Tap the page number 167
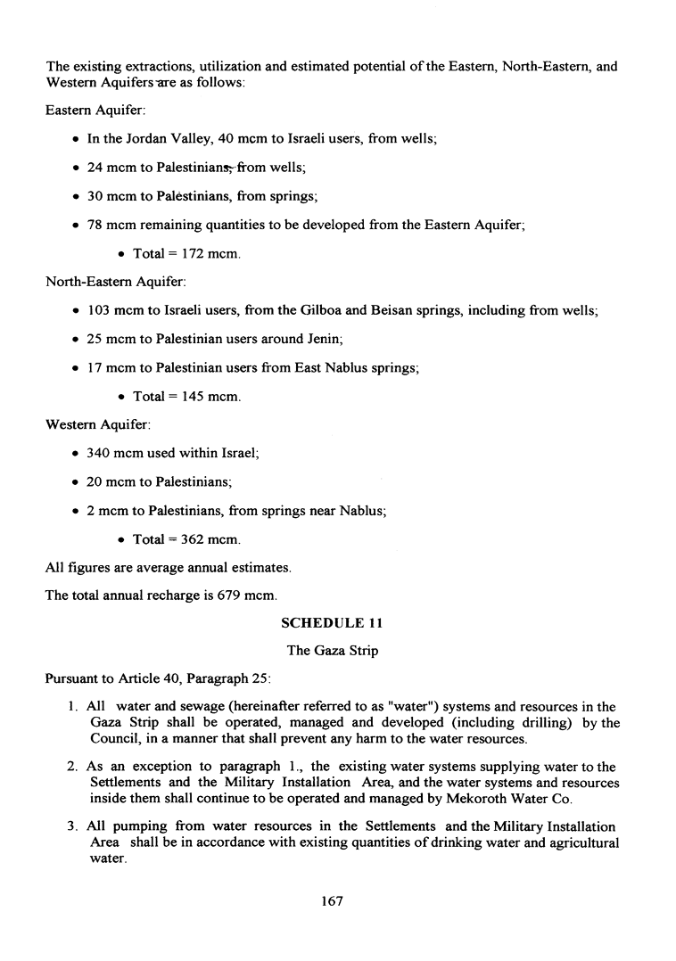(332, 901)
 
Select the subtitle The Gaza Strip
(332, 651)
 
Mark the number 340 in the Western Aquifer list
(98, 453)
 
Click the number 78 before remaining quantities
(95, 226)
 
